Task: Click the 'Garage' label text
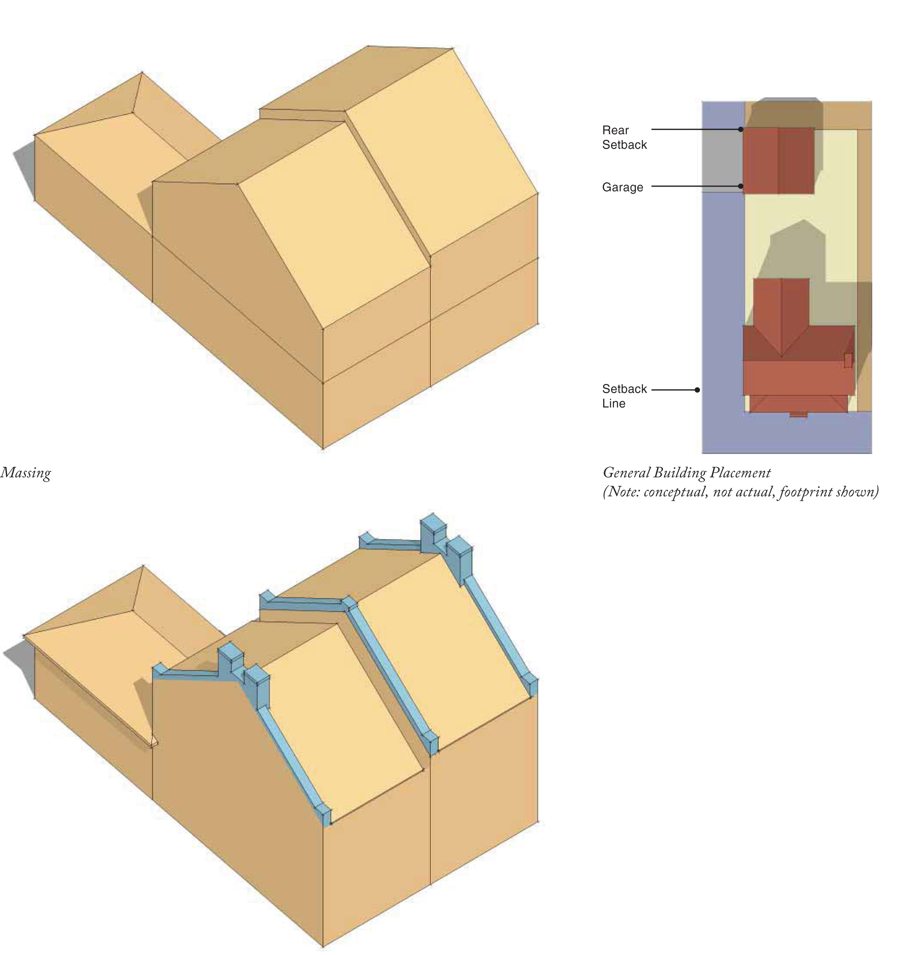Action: click(x=622, y=187)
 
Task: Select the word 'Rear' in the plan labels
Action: click(x=615, y=130)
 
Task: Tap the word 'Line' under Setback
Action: click(x=614, y=404)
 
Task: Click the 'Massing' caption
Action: click(x=25, y=473)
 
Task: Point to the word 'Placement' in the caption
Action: click(x=740, y=473)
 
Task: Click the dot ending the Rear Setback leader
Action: click(x=741, y=129)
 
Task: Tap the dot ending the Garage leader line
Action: click(x=741, y=186)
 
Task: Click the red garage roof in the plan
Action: click(x=778, y=160)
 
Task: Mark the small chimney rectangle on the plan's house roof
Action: click(x=848, y=360)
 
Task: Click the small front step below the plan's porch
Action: click(x=798, y=414)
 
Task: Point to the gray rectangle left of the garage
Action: click(x=723, y=161)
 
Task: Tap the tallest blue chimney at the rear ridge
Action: click(x=434, y=534)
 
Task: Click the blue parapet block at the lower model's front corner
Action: click(x=325, y=815)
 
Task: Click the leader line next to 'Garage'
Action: click(x=696, y=186)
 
